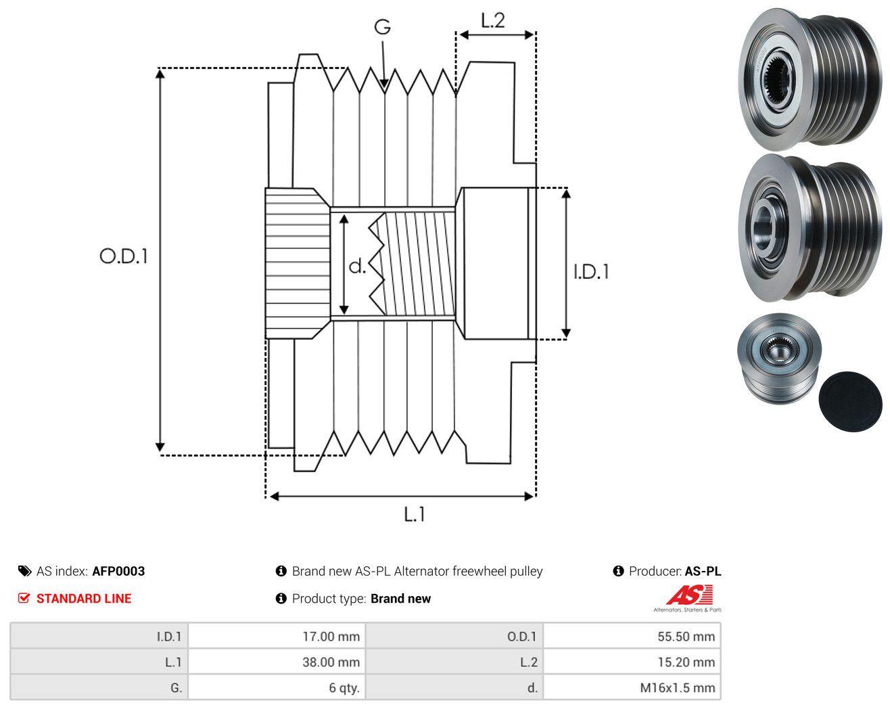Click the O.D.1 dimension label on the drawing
coord(124,256)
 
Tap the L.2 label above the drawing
coord(493,20)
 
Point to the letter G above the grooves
coord(383,27)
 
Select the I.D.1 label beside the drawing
coord(591,272)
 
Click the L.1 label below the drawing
coord(415,514)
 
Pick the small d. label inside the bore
coord(357,266)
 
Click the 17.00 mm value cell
coord(277,636)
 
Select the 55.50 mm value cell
coord(632,636)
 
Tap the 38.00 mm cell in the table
coord(277,662)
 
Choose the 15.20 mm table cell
coord(632,662)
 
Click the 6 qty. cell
coord(277,687)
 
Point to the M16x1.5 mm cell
coord(632,687)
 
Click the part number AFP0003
coord(119,571)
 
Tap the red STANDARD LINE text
coord(84,599)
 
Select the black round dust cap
coord(850,401)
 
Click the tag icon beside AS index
coord(25,571)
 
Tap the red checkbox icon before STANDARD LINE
coord(24,598)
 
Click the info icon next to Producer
coord(618,571)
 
